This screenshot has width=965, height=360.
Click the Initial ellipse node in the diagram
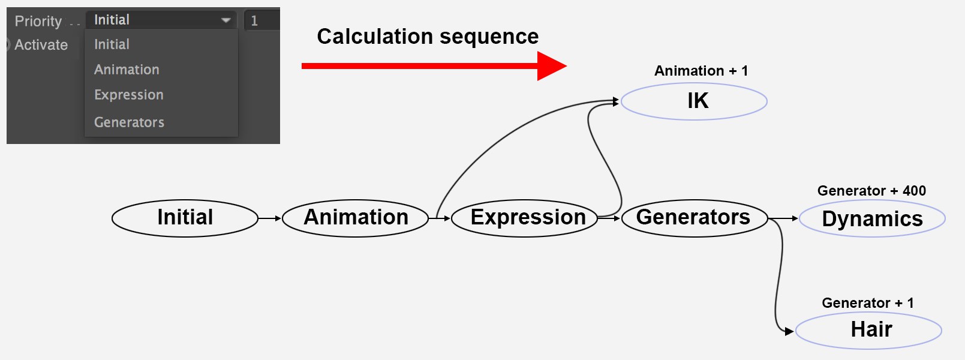185,218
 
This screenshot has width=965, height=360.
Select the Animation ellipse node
356,218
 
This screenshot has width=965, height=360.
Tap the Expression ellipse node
525,218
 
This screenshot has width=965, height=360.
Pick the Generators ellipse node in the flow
695,218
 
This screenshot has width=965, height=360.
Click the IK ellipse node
694,101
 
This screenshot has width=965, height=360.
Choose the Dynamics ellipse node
873,218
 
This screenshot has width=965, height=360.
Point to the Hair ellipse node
868,331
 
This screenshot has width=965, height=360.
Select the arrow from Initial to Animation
270,218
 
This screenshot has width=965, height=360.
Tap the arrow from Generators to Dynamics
784,218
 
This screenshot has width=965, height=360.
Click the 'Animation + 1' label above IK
701,71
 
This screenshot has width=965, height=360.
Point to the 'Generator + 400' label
871,191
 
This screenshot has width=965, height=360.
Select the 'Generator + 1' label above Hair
868,303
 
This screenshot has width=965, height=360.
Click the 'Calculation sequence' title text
428,37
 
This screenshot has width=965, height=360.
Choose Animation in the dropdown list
127,70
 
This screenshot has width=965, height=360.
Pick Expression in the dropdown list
129,95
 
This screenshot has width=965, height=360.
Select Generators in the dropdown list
129,122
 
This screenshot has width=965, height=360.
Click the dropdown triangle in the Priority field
226,20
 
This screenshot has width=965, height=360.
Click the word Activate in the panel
41,45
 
